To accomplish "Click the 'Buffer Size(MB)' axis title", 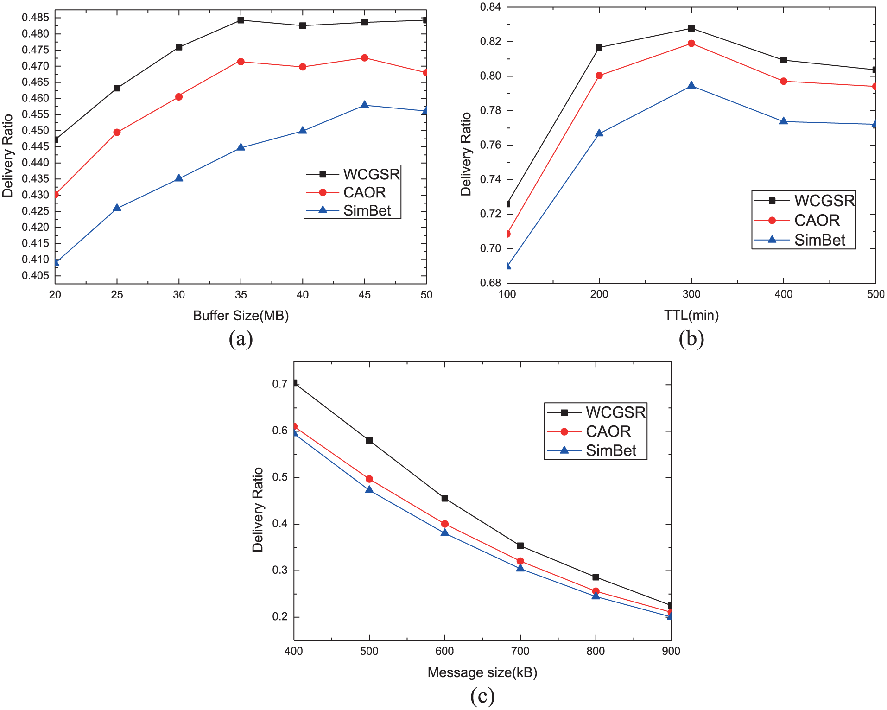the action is coord(241,316).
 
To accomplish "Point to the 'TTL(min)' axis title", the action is coord(691,315).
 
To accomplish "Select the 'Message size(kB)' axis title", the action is coord(482,672).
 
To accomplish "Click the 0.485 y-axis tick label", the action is coord(35,18).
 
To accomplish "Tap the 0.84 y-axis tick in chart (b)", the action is coord(490,7).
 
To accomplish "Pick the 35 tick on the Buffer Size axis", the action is coord(241,295).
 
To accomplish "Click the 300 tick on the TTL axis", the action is coord(691,294).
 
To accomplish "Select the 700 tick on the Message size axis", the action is coord(520,651).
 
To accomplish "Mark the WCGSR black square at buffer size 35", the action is coord(241,20).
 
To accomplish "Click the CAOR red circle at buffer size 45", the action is coord(365,58).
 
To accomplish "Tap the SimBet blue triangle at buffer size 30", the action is coord(179,178).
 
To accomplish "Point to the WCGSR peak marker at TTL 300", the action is coord(691,28).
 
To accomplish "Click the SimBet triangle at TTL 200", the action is coord(599,133).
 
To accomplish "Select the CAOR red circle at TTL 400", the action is coord(784,81).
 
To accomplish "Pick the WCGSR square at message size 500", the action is coord(369,440).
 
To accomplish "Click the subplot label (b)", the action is coord(691,339).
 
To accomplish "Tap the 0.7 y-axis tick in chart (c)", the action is coord(280,384).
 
